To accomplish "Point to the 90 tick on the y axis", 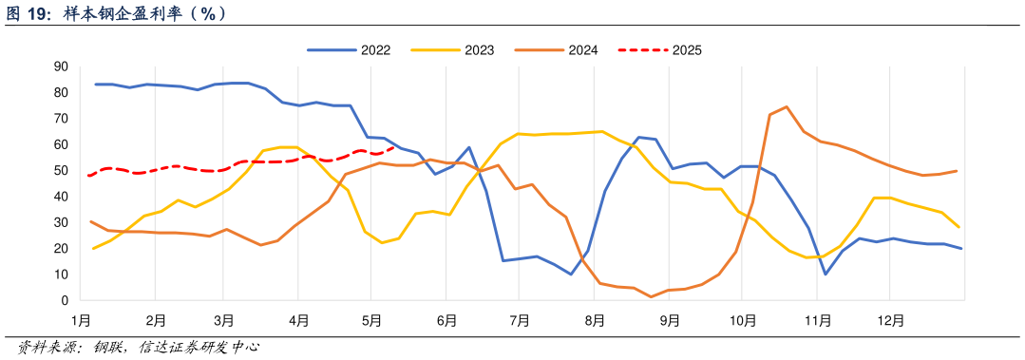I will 61,66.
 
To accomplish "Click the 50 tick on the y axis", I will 61,171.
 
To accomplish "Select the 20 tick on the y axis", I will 61,249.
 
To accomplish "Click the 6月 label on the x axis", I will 446,321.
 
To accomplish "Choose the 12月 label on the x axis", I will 890,321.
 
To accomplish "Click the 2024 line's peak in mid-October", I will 787,106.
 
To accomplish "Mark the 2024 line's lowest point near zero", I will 652,297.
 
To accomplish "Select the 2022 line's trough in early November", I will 826,275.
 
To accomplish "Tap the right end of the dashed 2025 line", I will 393,147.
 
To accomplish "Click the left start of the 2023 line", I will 93,248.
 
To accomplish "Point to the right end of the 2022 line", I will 961,249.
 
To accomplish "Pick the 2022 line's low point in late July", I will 570,275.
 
